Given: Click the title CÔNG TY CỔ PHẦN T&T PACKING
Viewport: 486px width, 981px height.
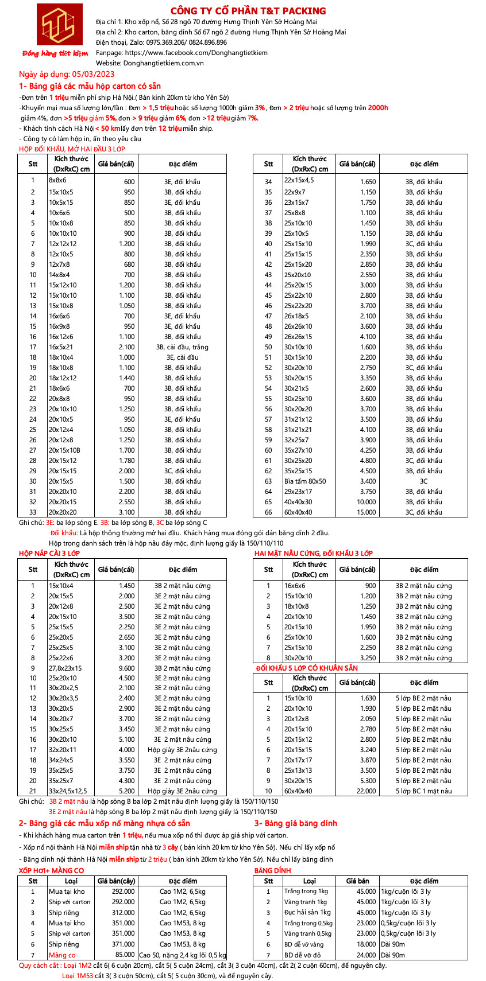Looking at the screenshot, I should click(x=248, y=11).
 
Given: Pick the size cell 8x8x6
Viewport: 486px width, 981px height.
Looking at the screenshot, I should click(x=57, y=181).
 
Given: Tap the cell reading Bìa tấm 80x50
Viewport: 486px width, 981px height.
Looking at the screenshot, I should click(x=305, y=481).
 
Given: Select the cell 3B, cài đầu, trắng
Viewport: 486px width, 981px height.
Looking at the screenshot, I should click(x=182, y=347).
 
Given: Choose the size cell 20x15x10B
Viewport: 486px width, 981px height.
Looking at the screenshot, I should click(x=64, y=450).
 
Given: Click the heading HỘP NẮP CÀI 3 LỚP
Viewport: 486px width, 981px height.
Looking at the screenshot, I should click(x=49, y=553).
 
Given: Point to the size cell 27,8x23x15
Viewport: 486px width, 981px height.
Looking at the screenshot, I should click(x=65, y=668).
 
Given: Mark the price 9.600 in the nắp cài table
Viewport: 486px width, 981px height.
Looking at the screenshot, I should click(x=126, y=668).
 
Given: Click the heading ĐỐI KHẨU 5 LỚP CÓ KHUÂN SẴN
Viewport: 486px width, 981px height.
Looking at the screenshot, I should click(x=307, y=668).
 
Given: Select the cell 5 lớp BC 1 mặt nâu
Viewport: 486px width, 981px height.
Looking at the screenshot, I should click(x=423, y=791).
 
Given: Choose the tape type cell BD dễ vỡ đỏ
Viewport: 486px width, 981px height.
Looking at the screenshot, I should click(x=303, y=955).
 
